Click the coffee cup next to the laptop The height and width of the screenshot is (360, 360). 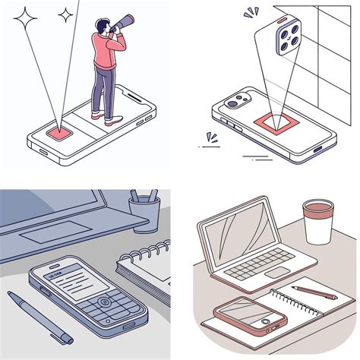pos(317,221)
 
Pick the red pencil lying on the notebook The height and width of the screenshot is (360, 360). pos(312,292)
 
